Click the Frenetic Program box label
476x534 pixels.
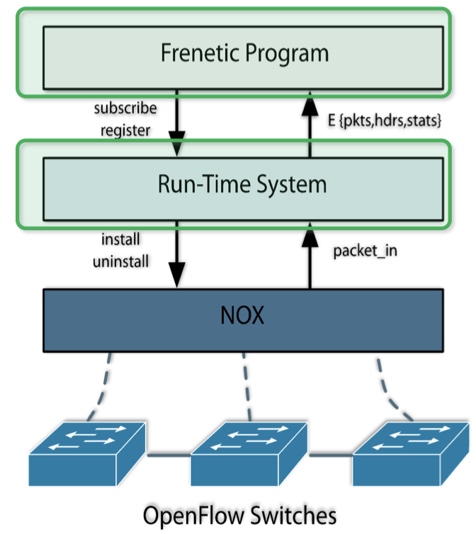tap(244, 54)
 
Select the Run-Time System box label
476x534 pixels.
tap(243, 185)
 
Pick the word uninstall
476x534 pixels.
tap(120, 261)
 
